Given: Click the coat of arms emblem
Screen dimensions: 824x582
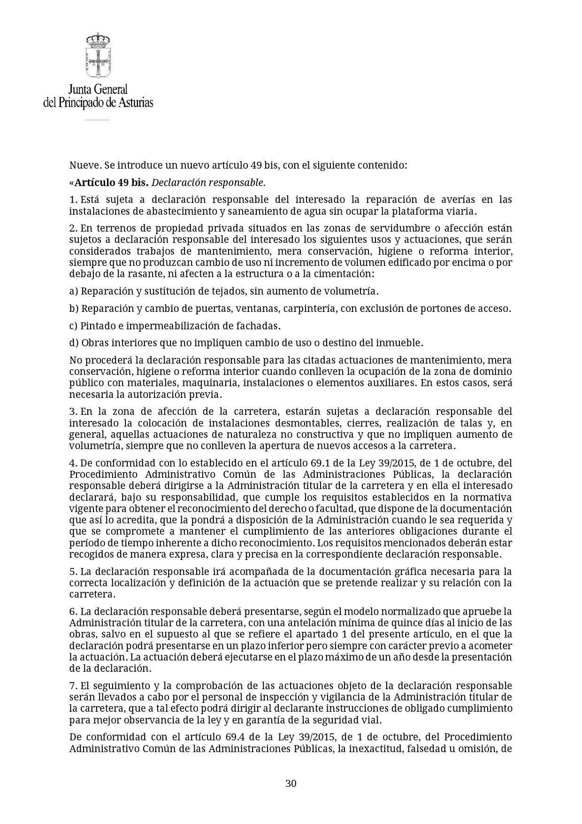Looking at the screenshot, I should click(98, 55).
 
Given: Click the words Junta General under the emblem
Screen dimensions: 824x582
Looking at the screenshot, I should click(98, 89).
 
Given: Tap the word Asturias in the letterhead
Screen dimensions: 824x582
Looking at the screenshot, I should click(135, 102).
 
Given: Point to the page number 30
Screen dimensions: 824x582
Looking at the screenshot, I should click(291, 783).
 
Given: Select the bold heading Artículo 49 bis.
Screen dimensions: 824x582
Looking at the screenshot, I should click(112, 182).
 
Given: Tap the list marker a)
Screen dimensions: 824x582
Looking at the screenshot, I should click(74, 291).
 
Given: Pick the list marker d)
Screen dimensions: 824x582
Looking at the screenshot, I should click(74, 343).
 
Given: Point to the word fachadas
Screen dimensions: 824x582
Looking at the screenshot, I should click(260, 326).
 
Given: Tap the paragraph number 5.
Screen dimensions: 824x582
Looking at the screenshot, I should click(73, 572).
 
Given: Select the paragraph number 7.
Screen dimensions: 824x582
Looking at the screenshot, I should click(73, 686).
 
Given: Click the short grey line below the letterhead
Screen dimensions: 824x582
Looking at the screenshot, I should click(97, 120).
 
